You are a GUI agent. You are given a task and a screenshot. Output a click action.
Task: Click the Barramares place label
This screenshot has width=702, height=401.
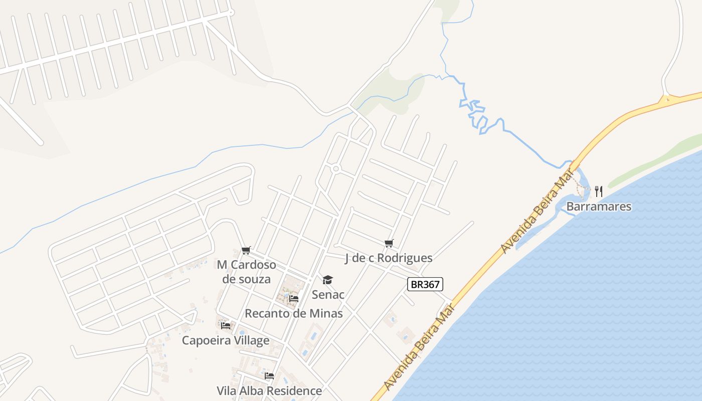tap(599, 207)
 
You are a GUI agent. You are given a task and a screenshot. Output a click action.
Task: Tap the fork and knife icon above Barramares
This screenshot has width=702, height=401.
tap(598, 191)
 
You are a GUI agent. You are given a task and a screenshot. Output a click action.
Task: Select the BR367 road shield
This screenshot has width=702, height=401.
tap(425, 285)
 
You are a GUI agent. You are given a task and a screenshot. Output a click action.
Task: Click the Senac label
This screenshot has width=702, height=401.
tap(328, 294)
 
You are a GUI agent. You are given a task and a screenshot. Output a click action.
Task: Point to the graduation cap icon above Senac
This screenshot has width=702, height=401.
tap(327, 280)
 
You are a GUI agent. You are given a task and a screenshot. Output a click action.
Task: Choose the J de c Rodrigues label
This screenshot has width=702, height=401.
tap(389, 258)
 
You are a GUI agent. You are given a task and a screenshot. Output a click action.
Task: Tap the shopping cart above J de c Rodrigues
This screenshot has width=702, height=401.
tap(389, 244)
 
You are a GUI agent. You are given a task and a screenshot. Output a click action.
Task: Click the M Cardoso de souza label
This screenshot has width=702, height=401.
tap(246, 272)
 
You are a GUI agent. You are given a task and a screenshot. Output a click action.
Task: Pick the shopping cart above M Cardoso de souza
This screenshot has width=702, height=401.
tap(246, 250)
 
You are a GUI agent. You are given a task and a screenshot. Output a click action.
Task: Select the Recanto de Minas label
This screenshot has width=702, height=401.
tap(294, 314)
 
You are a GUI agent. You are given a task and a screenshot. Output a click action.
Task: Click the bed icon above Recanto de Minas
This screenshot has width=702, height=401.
tap(294, 299)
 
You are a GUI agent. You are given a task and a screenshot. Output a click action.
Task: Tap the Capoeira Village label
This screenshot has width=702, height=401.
tap(226, 341)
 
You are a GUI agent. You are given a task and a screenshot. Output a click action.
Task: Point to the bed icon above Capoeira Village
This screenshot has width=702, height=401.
tap(226, 325)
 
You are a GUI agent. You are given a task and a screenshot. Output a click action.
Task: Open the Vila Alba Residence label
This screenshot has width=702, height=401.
tap(269, 391)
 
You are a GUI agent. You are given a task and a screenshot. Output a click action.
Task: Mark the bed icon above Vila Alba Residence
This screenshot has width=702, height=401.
tap(269, 376)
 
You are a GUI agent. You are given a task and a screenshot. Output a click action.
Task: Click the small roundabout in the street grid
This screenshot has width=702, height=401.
tap(336, 169)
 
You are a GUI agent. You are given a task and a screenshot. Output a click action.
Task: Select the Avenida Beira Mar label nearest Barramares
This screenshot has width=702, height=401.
tap(537, 210)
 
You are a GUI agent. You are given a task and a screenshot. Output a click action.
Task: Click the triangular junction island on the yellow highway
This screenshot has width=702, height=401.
tap(666, 99)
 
